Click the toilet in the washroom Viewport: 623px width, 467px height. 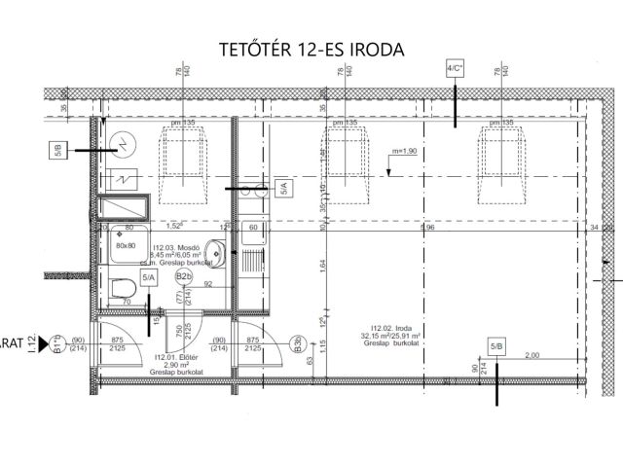pyautogui.click(x=122, y=289)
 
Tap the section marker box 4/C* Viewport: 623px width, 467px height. pyautogui.click(x=455, y=69)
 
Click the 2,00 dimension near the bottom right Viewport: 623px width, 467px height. pyautogui.click(x=531, y=356)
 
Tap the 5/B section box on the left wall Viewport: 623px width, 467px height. pyautogui.click(x=58, y=150)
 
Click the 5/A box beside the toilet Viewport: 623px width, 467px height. pyautogui.click(x=149, y=278)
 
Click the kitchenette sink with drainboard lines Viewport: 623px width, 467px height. pyautogui.click(x=251, y=261)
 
